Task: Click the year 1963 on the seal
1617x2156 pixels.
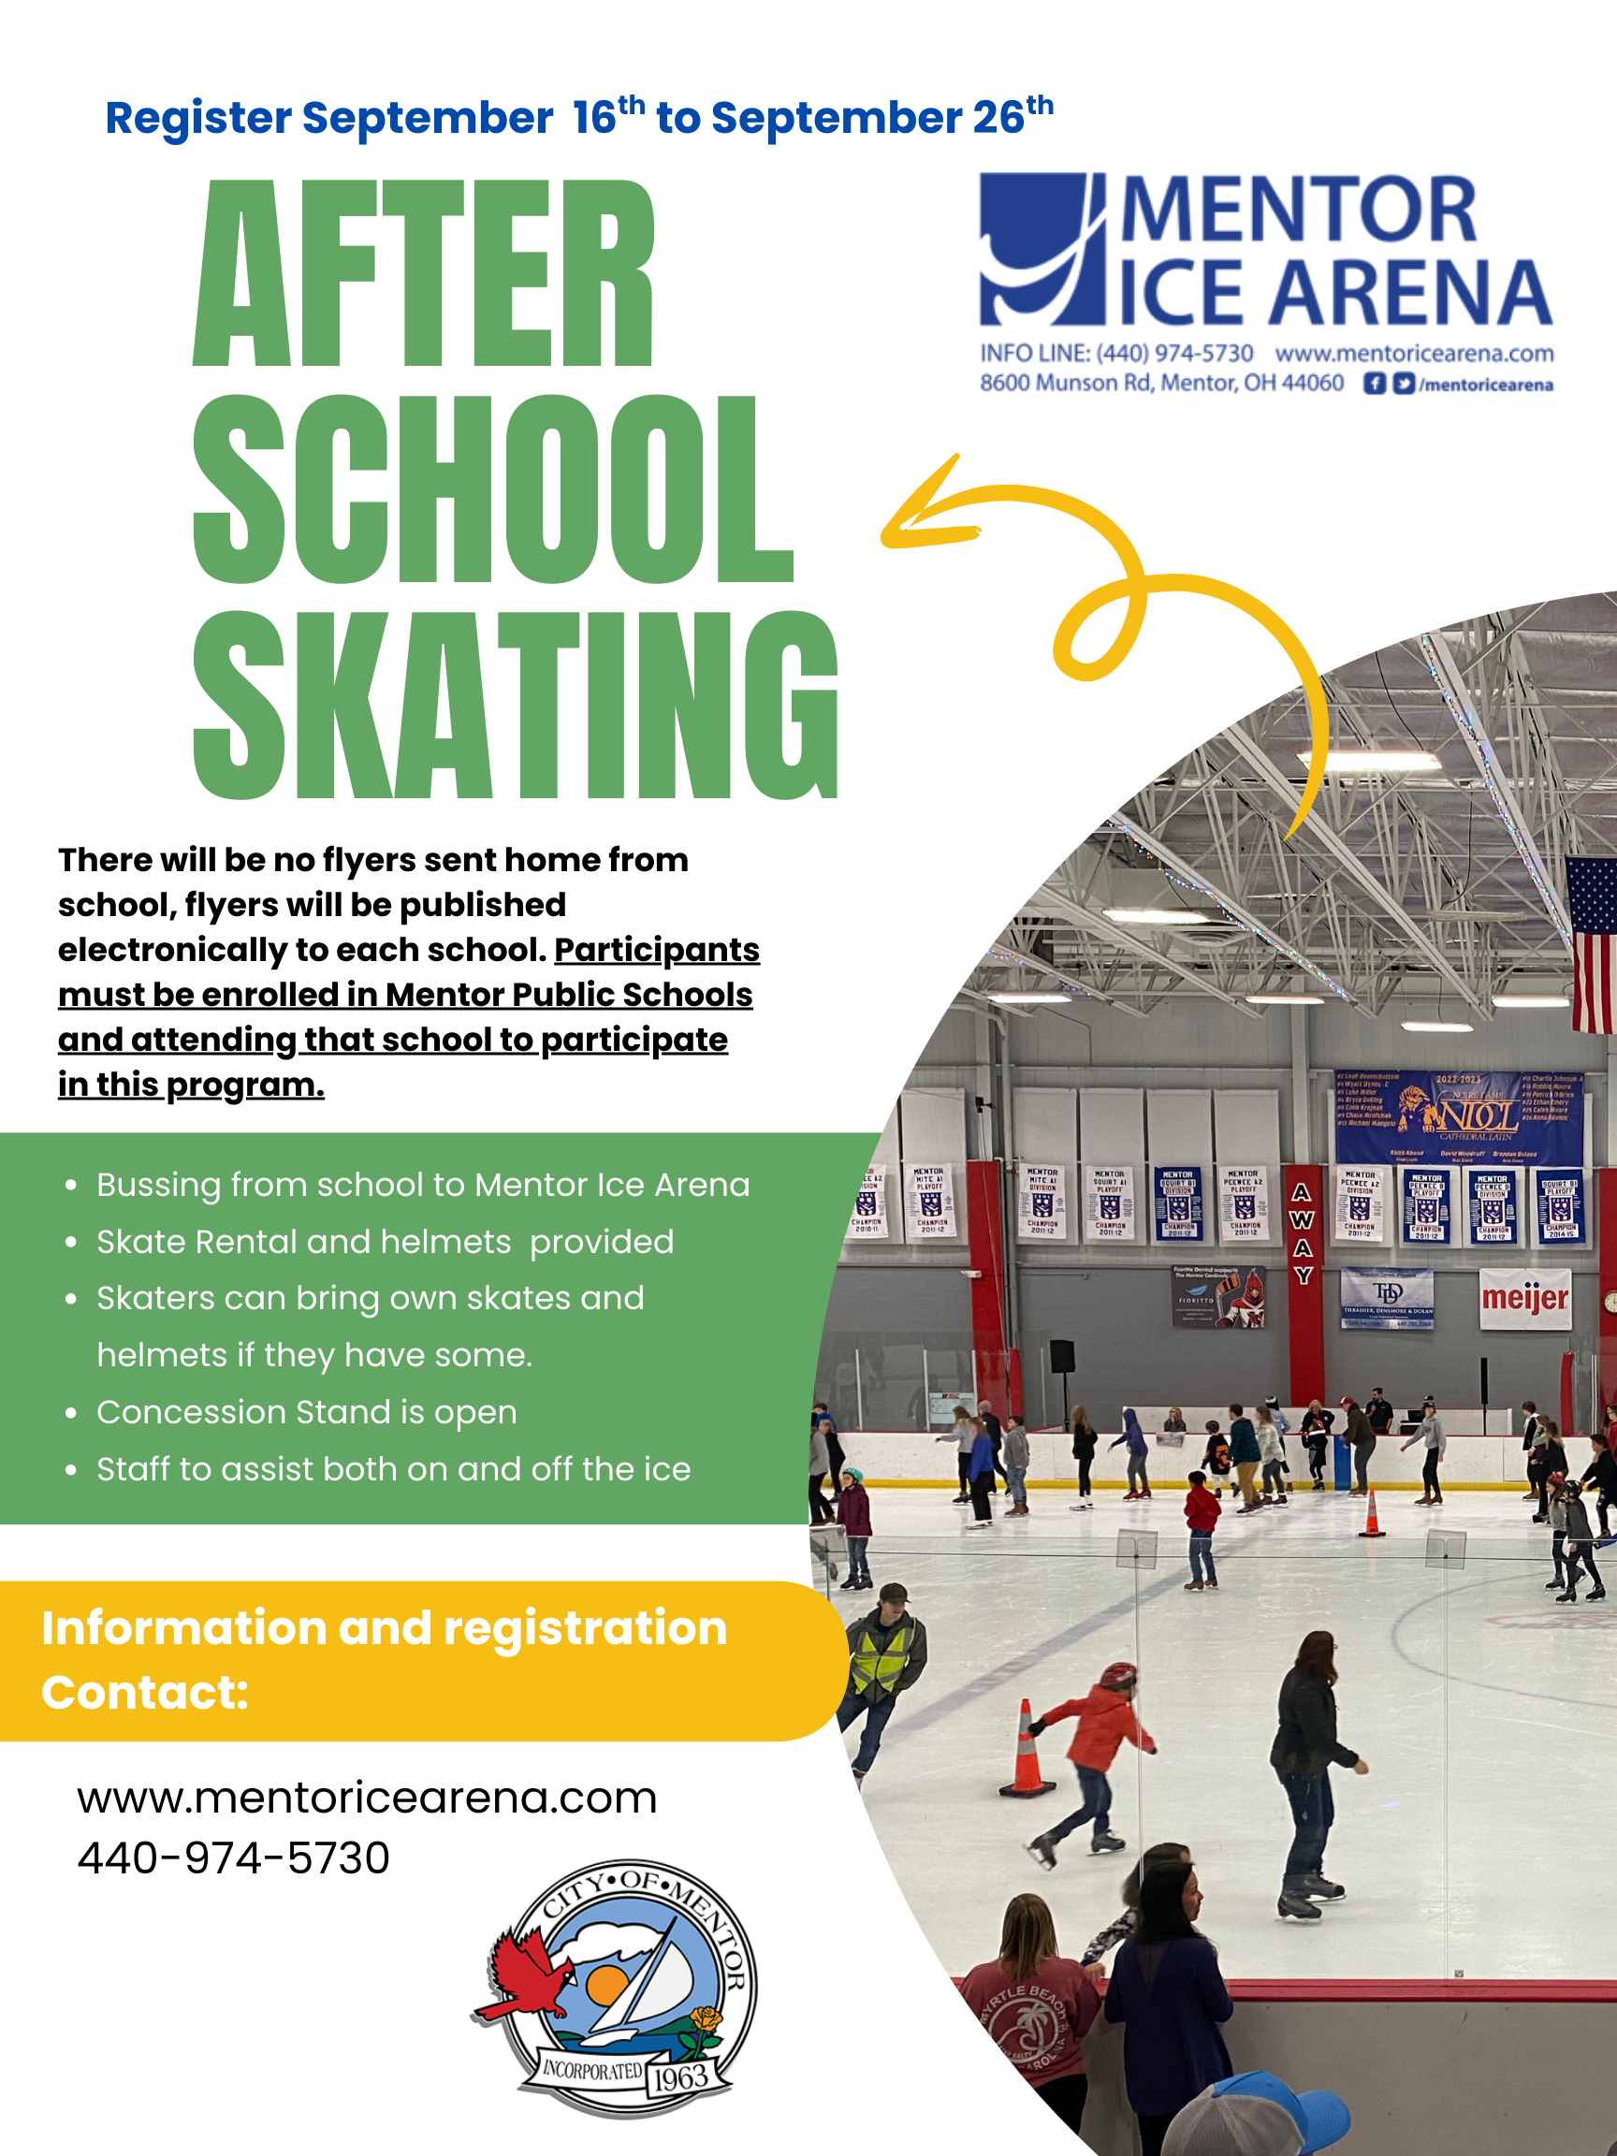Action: point(680,2078)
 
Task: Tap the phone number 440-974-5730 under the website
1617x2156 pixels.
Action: point(234,1857)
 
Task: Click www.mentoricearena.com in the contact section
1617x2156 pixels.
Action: point(367,1798)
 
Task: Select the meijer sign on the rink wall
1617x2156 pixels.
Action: point(1524,1298)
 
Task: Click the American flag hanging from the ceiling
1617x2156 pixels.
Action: point(1593,943)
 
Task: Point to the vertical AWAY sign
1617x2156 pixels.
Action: point(1303,1234)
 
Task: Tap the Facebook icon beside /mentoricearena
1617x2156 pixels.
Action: point(1374,384)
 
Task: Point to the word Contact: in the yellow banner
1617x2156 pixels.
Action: point(144,1693)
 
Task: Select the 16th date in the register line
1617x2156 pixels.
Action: point(608,117)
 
